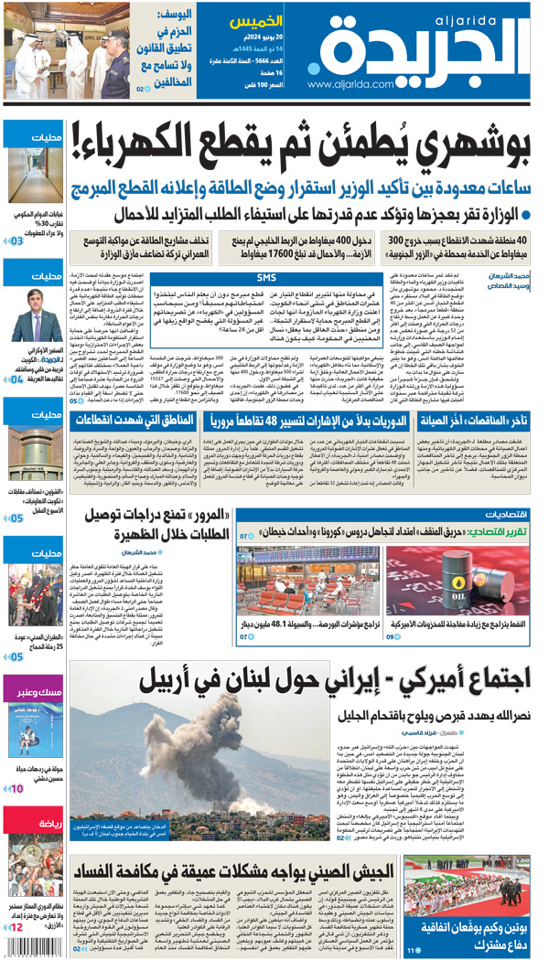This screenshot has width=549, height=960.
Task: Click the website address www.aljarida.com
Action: [352, 85]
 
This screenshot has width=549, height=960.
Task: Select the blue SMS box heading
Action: [266, 277]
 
